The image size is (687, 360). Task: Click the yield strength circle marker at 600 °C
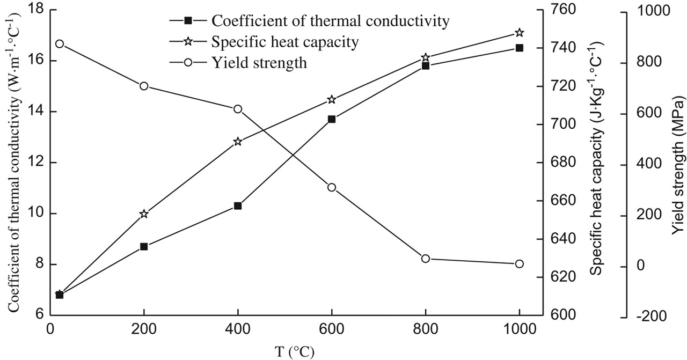(x=332, y=187)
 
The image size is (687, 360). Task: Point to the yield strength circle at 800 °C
(x=426, y=259)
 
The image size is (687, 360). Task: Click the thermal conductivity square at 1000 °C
(x=520, y=48)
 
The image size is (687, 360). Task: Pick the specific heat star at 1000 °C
(x=520, y=33)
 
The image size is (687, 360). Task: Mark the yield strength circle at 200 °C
(x=144, y=86)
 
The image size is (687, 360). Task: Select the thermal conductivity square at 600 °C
(x=332, y=119)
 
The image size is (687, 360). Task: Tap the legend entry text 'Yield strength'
(x=259, y=63)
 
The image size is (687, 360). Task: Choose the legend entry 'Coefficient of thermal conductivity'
(x=330, y=21)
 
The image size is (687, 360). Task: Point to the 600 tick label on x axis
(x=331, y=327)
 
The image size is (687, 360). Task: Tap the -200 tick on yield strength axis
(x=648, y=317)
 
